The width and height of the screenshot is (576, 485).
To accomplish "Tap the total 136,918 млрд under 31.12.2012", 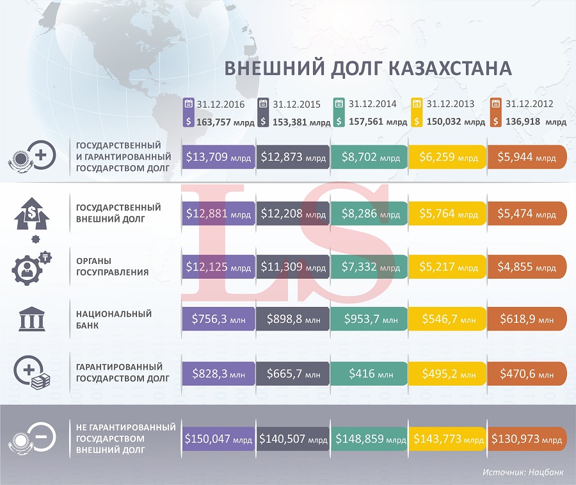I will coord(535,121).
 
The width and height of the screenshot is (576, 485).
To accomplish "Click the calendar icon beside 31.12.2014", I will coord(339,104).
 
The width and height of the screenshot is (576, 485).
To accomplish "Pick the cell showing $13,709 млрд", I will coord(218,157).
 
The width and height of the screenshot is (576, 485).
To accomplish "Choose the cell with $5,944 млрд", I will coord(527,157).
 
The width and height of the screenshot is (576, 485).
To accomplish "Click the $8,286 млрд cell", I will coord(369,213).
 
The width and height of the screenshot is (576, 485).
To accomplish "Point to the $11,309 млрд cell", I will coord(293,266).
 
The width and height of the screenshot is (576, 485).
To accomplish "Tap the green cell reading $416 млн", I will coord(369,372).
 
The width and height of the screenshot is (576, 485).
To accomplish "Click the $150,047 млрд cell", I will coord(218,439).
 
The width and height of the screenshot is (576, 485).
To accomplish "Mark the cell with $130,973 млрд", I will coord(527,439).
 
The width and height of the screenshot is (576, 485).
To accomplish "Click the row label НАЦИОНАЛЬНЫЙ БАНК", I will coord(114,319).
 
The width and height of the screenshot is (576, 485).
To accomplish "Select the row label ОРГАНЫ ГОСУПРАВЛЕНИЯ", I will coord(112,267).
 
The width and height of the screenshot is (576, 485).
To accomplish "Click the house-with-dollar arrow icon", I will coord(31,213).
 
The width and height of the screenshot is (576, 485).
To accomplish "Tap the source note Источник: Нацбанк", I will coord(524,472).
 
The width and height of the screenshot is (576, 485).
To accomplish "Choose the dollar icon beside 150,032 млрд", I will coord(417,120).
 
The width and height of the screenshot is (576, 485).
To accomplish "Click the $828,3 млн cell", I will coord(218,372).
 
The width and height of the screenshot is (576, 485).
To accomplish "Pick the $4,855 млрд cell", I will coord(527,266).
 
